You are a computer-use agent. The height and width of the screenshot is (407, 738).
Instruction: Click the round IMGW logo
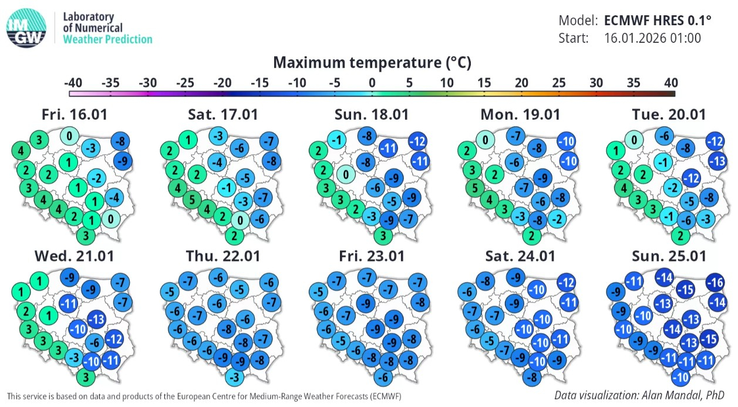26,28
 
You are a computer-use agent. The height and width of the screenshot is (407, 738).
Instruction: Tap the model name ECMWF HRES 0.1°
658,21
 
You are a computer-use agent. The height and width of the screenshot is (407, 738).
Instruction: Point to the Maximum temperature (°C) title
372,62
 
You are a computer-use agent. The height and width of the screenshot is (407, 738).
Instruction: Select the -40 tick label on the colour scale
73,83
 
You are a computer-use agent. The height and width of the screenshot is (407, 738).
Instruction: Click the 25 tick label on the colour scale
559,83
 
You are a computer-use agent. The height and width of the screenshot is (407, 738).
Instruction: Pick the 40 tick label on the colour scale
671,83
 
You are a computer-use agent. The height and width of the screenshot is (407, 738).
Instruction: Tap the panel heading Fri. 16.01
75,114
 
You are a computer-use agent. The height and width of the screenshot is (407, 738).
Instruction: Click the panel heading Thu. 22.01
223,256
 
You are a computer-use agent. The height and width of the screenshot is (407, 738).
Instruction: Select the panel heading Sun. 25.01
669,256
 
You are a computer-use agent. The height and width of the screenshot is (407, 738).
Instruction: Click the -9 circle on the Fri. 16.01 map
123,161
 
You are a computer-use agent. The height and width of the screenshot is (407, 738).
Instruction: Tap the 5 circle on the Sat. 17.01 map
192,199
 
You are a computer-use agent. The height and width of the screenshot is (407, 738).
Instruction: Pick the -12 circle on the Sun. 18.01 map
418,141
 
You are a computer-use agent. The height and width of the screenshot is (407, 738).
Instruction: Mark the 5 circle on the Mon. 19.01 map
475,188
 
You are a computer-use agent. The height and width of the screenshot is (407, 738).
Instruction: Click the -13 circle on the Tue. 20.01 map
717,161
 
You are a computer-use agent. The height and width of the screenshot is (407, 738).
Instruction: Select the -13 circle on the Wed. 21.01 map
97,319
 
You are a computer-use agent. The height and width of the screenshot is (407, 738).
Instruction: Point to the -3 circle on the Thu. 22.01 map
234,377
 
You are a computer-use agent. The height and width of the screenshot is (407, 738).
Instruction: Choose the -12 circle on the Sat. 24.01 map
567,283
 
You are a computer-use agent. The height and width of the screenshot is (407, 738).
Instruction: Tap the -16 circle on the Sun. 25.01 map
715,283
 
